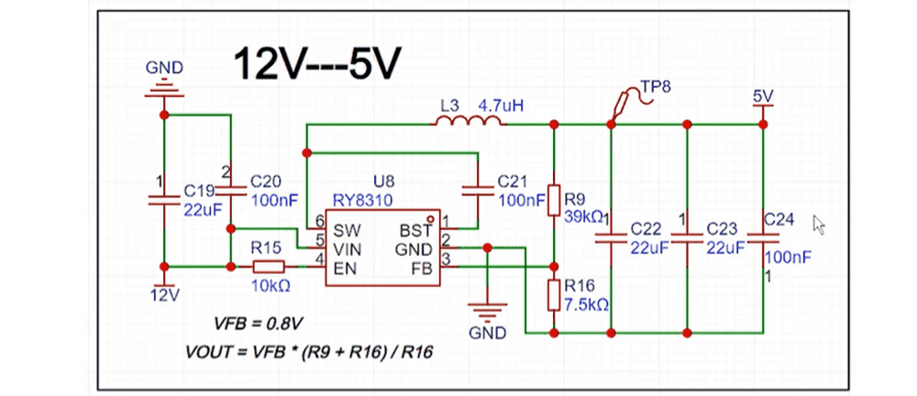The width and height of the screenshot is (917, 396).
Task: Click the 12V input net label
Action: point(165,294)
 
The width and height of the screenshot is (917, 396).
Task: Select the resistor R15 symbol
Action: point(270,267)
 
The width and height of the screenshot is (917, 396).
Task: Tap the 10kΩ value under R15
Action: point(271,285)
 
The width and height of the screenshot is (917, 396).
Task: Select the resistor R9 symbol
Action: point(553,201)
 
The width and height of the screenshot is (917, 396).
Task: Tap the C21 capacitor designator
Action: point(513,181)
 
